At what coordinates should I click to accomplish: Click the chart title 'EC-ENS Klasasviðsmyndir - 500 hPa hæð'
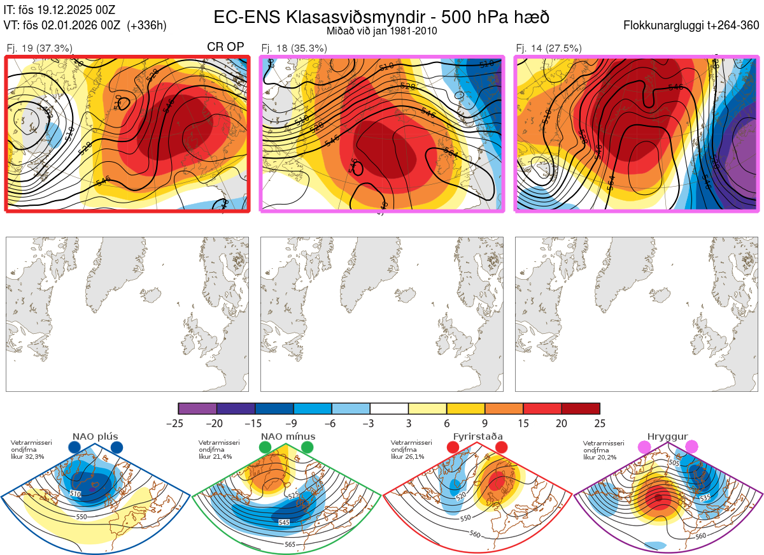click(381, 17)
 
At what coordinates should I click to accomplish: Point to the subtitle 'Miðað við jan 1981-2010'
click(381, 31)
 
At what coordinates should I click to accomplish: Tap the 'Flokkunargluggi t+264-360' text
click(693, 25)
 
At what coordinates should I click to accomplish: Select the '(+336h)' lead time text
click(147, 25)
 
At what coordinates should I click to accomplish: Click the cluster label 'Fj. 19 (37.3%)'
click(39, 48)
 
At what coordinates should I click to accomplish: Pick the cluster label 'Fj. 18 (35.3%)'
click(294, 48)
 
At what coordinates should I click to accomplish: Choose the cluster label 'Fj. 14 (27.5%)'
click(549, 48)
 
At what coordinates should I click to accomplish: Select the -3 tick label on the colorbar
click(370, 423)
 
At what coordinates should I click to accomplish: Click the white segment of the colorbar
click(389, 408)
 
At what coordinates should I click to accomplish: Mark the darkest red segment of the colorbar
click(581, 408)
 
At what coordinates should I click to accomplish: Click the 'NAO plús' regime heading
click(95, 436)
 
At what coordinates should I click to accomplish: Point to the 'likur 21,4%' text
click(215, 456)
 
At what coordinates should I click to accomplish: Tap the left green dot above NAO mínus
click(265, 448)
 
